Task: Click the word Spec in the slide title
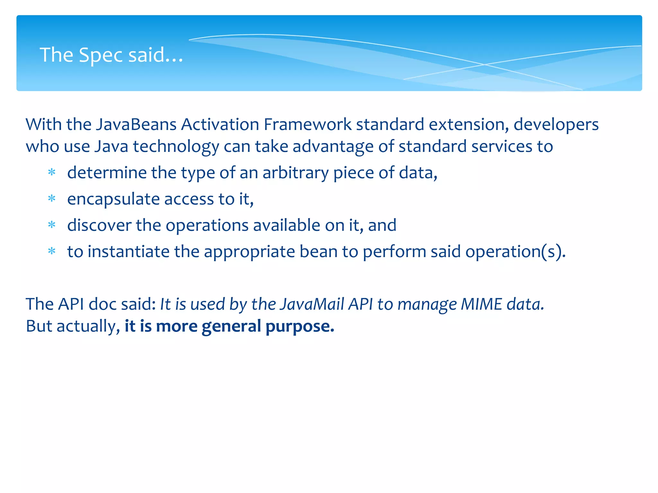(x=101, y=55)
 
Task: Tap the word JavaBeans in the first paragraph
(x=136, y=125)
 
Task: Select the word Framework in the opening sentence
(x=307, y=125)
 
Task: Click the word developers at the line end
(x=556, y=125)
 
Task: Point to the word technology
(x=176, y=147)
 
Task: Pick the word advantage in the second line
(x=333, y=146)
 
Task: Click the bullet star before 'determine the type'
(x=52, y=173)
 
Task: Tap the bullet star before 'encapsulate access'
(x=52, y=199)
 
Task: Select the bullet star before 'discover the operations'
(x=52, y=225)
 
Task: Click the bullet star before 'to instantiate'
(x=52, y=251)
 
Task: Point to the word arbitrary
(x=296, y=173)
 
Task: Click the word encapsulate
(x=113, y=199)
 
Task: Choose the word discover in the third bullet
(x=99, y=225)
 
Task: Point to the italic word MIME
(x=481, y=304)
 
